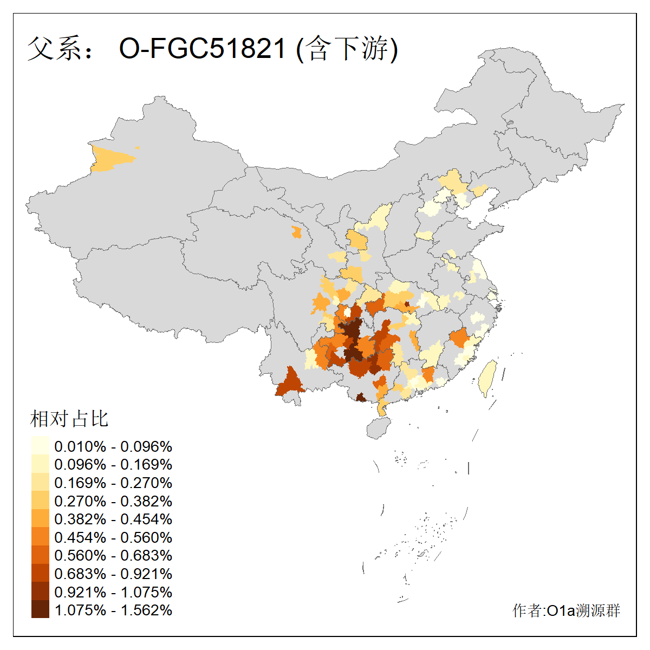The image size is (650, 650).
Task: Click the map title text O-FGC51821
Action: point(201,49)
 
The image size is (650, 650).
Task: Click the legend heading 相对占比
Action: point(69,419)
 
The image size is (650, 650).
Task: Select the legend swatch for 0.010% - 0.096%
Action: point(40,446)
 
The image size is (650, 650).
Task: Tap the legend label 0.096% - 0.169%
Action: point(113,464)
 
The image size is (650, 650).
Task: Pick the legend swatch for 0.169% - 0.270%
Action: point(40,483)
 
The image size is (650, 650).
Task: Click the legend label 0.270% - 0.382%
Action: point(113,501)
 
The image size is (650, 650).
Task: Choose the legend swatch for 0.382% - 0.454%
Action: point(40,519)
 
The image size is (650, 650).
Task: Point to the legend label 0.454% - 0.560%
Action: point(113,537)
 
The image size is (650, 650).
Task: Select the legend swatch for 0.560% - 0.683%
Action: point(40,555)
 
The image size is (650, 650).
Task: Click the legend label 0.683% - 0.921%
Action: point(113,574)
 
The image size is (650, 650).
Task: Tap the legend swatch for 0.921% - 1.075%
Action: point(40,591)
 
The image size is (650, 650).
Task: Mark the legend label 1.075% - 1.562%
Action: point(113,610)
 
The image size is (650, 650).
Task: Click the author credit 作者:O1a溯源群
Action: point(566,610)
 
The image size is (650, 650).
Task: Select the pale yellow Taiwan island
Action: point(487,378)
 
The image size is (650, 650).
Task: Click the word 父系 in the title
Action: point(53,49)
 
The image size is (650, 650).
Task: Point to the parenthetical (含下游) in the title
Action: point(347,49)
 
